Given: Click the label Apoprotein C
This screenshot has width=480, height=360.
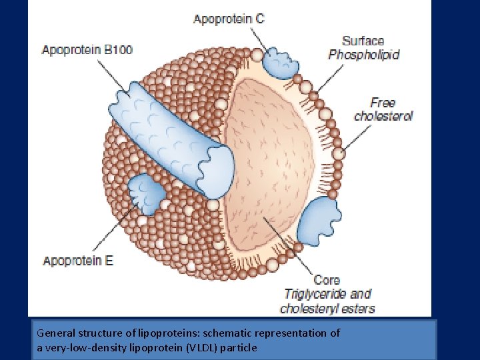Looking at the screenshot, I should point(229,19).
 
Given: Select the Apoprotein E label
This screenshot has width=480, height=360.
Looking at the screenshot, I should point(78,261).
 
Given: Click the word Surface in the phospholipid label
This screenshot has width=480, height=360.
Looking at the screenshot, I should point(363,41).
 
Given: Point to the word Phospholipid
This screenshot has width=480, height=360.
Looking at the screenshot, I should point(364,55).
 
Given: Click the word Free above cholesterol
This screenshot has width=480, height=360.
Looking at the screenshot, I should point(383,103).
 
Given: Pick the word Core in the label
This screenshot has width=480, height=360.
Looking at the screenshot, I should point(327,280).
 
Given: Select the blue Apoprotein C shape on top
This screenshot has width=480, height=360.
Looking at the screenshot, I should point(280,62).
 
